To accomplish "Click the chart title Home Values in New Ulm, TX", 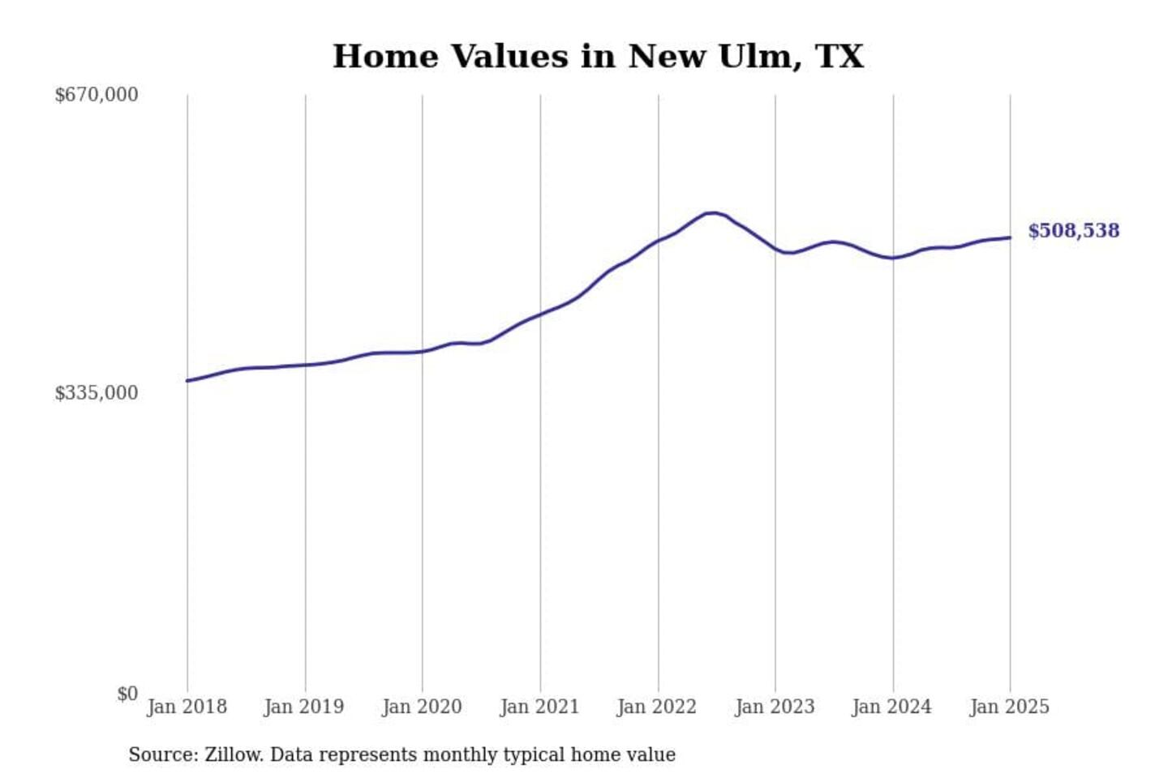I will pos(598,57).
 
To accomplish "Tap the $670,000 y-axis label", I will pos(96,95).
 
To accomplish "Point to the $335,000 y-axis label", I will pos(96,393).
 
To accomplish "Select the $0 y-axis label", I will pos(127,694).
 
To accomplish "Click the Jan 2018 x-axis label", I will pos(187,707).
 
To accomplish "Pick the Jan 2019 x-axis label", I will pos(304,707).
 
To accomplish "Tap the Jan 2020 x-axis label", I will pos(422,707).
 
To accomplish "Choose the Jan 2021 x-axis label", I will pos(539,707).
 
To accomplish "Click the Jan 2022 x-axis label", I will pos(657,707).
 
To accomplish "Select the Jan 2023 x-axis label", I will pos(775,707).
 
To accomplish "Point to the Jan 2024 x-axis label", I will pos(892,707).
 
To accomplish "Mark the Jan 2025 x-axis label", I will pos(1010,707).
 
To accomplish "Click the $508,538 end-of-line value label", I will pos(1073,231).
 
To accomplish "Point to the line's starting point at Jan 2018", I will pos(187,380).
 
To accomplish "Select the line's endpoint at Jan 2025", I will pos(1010,237).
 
